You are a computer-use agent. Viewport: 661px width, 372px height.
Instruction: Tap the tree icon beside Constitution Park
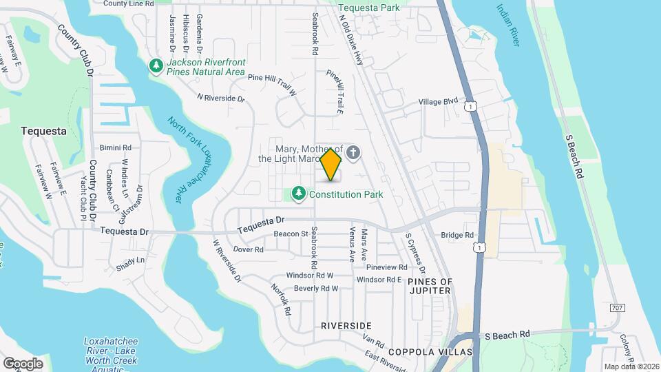click(299, 194)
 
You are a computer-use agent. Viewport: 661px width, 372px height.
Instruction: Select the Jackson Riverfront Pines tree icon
click(156, 66)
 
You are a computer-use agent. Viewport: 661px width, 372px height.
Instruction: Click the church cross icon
click(353, 153)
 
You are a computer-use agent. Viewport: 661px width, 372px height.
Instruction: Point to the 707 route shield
click(618, 307)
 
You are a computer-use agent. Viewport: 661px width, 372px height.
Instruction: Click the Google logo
click(23, 363)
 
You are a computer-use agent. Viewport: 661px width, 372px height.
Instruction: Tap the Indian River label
click(507, 25)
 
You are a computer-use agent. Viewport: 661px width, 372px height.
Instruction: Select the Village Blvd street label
click(439, 101)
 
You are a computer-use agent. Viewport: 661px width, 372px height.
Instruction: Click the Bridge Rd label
click(458, 235)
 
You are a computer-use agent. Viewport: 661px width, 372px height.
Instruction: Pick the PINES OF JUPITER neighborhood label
click(430, 286)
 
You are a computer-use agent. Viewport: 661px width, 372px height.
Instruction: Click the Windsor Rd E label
click(379, 279)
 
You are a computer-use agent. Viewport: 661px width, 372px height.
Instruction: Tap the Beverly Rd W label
click(316, 288)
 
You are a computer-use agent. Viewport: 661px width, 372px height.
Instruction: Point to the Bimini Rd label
click(115, 147)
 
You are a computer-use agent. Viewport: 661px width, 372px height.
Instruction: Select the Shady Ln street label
click(131, 260)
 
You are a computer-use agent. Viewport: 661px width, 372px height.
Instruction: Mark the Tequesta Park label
click(369, 8)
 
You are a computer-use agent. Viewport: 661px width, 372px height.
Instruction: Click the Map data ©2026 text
click(631, 366)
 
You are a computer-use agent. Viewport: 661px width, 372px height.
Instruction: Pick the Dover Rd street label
click(249, 249)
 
